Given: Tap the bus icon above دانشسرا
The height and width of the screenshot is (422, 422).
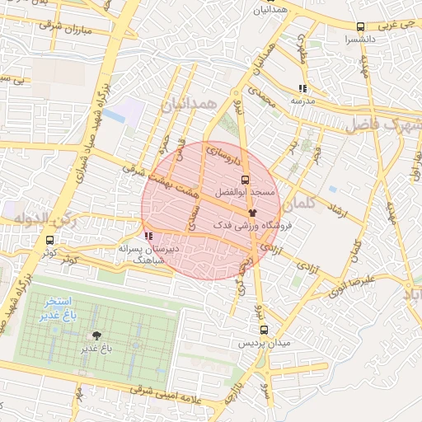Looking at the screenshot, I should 361,27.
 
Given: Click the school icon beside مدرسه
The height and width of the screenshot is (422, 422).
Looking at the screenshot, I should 302,87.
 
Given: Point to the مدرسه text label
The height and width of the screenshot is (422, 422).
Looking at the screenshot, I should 302,101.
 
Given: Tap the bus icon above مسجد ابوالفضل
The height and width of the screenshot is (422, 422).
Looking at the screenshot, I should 245,179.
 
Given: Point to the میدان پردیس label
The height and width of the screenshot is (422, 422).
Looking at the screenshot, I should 264,342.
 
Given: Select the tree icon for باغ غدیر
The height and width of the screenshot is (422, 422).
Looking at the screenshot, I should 99,335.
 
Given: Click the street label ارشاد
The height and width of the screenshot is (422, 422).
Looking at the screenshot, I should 335,203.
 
